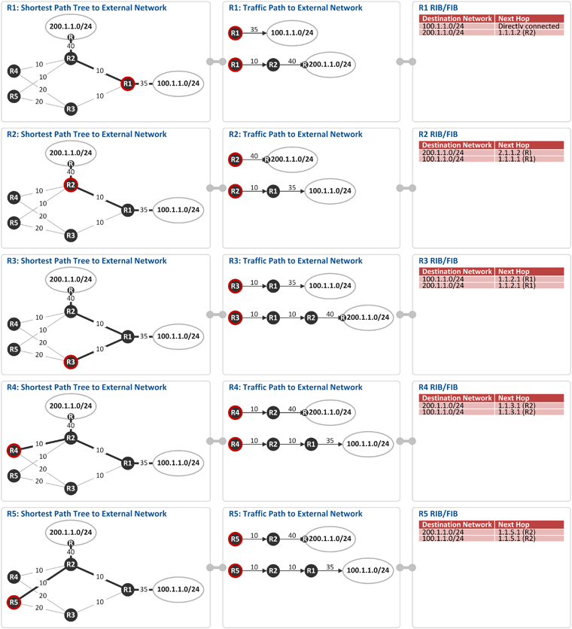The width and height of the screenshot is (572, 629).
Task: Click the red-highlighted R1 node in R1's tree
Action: (128, 84)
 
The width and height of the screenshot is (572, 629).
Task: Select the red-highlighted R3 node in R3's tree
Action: (71, 362)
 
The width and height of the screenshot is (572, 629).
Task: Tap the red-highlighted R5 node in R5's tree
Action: (14, 602)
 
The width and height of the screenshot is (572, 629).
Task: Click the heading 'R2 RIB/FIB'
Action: (438, 135)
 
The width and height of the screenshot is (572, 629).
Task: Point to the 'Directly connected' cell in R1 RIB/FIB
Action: (528, 26)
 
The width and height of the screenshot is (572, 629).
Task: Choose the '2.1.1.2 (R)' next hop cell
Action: (515, 153)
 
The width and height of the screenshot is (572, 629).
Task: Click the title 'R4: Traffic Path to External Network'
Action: (296, 387)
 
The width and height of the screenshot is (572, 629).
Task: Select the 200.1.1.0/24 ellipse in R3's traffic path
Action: (368, 318)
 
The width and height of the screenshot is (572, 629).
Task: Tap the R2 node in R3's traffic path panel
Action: (311, 318)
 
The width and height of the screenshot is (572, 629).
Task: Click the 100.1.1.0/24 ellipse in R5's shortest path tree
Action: (178, 589)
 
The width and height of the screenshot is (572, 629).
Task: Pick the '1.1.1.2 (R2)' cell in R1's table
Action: (516, 32)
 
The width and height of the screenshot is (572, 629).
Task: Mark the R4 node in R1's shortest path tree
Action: (14, 71)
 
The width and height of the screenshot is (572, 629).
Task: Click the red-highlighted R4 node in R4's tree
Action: (14, 451)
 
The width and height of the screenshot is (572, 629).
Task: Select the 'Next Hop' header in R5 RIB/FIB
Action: (514, 524)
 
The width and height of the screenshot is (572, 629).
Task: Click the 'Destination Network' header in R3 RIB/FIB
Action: (457, 272)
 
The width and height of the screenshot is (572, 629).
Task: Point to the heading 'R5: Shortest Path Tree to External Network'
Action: (87, 514)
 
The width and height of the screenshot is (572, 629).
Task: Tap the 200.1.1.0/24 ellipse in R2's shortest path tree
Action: (71, 153)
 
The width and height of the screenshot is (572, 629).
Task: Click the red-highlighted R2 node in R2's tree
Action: (71, 185)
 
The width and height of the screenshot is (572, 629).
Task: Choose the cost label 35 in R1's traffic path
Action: (254, 29)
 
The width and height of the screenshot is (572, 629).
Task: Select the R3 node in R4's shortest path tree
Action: (71, 488)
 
